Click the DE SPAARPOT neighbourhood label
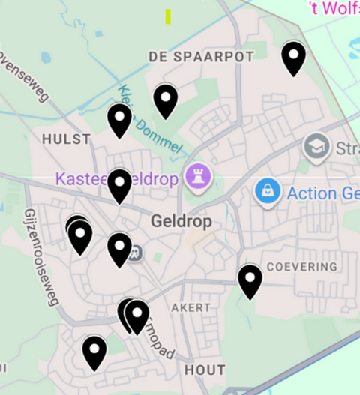click(201, 56)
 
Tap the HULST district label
click(66, 139)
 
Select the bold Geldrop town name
click(181, 222)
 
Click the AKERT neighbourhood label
click(191, 308)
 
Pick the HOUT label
click(205, 370)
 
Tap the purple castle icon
click(199, 178)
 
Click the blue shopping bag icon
click(267, 192)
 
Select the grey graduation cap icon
click(317, 147)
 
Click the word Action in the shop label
click(311, 193)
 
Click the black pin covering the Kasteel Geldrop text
click(119, 185)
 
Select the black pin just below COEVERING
click(250, 280)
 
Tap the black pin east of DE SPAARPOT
click(293, 57)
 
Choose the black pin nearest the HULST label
click(119, 119)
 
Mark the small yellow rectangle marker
click(168, 16)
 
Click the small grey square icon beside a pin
click(136, 252)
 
